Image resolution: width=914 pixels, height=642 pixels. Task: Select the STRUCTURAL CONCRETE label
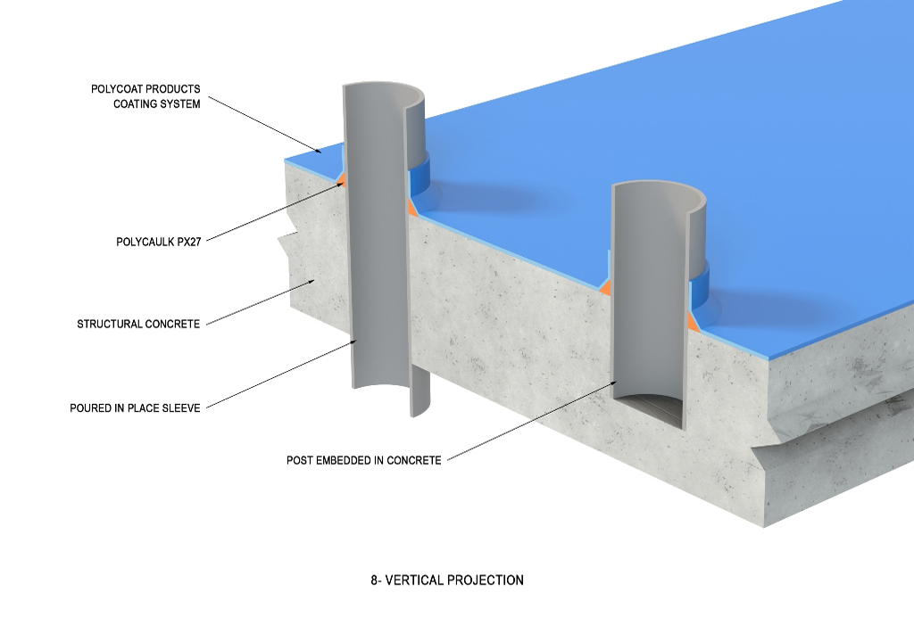(x=138, y=324)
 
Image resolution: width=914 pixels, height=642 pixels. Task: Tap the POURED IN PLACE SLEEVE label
(x=135, y=408)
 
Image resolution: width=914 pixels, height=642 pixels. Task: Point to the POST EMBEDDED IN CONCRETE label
(x=363, y=460)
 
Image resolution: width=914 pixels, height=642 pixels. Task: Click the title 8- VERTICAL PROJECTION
(x=446, y=580)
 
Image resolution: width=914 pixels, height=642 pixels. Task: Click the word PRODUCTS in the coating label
(x=171, y=89)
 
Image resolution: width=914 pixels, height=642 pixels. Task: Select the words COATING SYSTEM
(x=162, y=103)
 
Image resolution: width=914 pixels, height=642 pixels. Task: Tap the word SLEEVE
(x=181, y=408)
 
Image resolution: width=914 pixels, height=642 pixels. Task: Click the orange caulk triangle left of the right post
(x=605, y=287)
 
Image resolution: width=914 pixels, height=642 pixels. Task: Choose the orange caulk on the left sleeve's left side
(x=340, y=181)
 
